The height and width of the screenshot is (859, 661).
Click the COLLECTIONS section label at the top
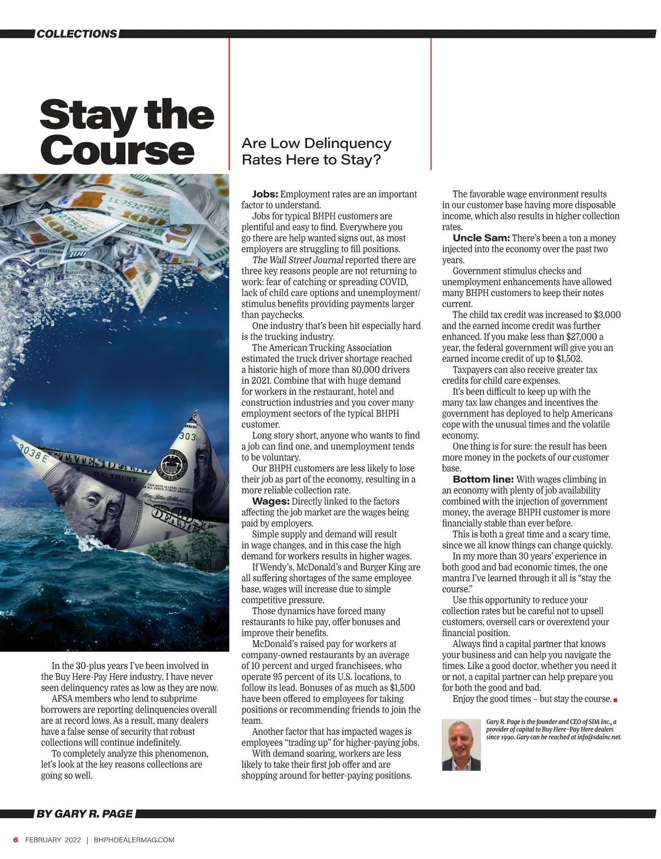(x=77, y=34)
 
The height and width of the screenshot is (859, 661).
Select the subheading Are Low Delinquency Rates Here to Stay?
(x=316, y=152)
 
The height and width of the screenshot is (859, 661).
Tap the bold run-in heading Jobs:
(x=265, y=194)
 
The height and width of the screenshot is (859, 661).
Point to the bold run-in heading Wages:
(x=270, y=501)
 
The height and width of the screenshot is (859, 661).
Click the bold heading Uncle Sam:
(x=481, y=238)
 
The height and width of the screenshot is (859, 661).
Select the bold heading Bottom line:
(x=483, y=479)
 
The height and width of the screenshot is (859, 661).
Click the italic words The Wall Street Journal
(x=297, y=260)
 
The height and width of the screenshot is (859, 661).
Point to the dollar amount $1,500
(x=402, y=688)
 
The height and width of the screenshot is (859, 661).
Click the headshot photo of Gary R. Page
(x=461, y=745)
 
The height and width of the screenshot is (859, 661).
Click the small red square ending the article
(x=615, y=700)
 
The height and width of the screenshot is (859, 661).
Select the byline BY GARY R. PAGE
(x=85, y=814)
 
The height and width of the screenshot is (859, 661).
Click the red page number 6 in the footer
(x=16, y=840)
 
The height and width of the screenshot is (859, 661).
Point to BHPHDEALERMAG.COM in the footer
(x=134, y=840)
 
